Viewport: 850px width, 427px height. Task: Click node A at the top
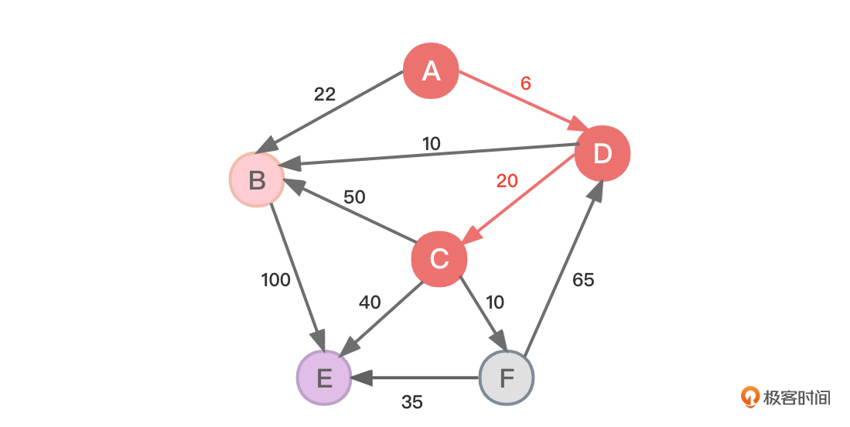(x=432, y=71)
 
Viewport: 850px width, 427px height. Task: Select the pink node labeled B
(x=257, y=180)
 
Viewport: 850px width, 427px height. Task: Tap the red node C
(x=439, y=258)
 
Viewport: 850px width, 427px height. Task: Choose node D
(x=603, y=153)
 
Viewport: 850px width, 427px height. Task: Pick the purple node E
(x=324, y=378)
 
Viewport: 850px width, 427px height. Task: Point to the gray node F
(x=507, y=378)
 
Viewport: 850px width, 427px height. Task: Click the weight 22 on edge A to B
(x=325, y=94)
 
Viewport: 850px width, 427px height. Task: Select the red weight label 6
(x=526, y=84)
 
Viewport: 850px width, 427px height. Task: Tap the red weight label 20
(x=507, y=181)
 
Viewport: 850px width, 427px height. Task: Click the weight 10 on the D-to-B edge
(x=431, y=144)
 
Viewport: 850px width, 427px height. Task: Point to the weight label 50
(x=354, y=197)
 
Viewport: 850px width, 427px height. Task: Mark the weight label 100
(x=276, y=280)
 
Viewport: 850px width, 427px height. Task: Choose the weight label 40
(x=370, y=302)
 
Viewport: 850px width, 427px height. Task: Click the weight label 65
(x=583, y=280)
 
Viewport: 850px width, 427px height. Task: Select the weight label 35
(x=412, y=402)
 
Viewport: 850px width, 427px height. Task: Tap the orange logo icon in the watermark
(x=749, y=397)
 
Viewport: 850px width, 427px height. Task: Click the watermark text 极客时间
(x=797, y=398)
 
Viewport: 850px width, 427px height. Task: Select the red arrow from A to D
(x=518, y=100)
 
